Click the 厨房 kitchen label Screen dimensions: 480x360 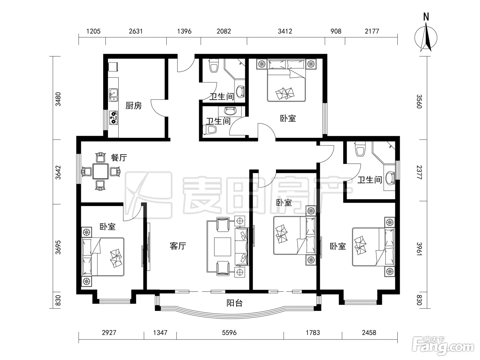pos(134,106)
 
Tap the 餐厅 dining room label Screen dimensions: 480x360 pos(119,157)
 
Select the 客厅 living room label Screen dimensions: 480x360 pos(178,246)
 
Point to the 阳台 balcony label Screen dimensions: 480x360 pos(235,303)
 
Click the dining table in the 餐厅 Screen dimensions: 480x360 pos(100,171)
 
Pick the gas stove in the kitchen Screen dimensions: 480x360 pos(113,118)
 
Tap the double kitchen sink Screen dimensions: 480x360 pos(113,95)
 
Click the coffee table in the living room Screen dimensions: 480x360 pos(223,247)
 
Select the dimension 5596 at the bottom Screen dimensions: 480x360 pos(229,333)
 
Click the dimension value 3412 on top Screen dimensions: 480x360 pos(285,31)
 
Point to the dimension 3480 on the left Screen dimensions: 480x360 pos(58,99)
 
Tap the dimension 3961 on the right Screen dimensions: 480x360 pos(419,249)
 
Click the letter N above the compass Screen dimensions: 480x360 pos(426,17)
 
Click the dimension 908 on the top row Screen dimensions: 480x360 pos(336,31)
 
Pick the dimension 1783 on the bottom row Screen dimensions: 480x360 pos(313,333)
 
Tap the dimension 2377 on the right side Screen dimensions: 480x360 pos(419,172)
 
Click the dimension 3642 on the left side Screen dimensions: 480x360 pos(58,172)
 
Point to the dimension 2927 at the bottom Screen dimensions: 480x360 pos(109,333)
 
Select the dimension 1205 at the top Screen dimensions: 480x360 pos(93,31)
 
